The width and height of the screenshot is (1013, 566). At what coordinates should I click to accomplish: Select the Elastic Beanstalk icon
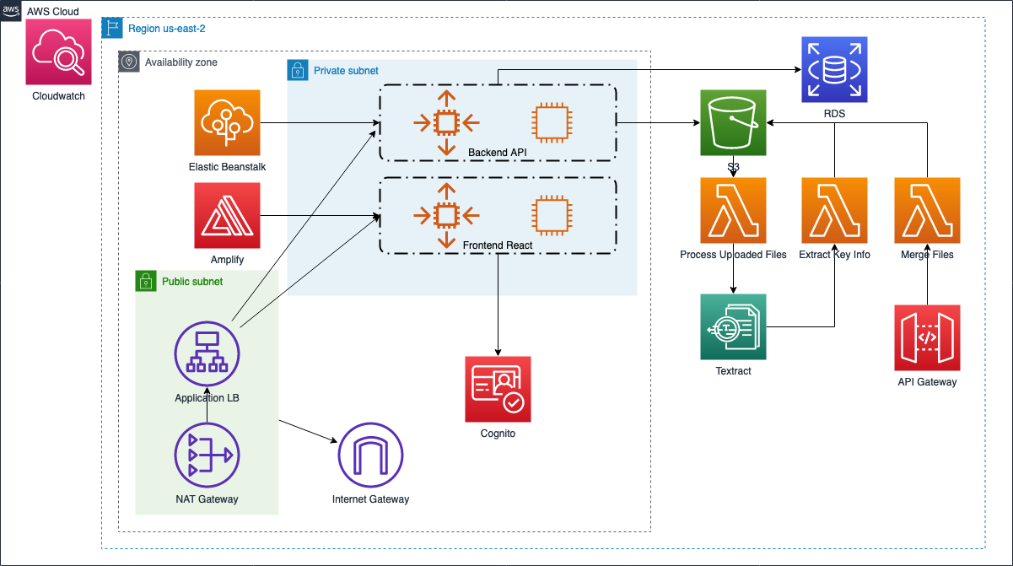tap(227, 123)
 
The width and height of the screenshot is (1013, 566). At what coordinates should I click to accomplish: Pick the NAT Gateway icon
tap(207, 455)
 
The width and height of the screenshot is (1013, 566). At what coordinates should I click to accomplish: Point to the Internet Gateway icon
tap(370, 455)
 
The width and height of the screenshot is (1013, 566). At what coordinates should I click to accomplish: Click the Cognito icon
tap(498, 389)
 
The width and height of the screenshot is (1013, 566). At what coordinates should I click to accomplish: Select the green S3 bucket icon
tap(733, 123)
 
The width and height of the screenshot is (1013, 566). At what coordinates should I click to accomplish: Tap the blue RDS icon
tap(834, 69)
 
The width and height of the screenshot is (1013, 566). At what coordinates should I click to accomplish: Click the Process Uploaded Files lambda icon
tap(733, 210)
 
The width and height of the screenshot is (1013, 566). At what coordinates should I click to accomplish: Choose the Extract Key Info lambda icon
tap(834, 210)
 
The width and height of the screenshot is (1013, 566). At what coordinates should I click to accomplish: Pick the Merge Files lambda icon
tap(927, 210)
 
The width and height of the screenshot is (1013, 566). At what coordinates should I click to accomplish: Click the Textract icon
tap(733, 326)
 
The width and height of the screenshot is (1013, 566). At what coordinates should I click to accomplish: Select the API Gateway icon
tap(927, 337)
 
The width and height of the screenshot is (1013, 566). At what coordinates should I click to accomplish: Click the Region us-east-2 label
tap(166, 29)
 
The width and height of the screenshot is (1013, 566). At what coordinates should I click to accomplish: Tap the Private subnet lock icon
tap(298, 70)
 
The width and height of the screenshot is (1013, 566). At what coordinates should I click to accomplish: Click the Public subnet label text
tap(191, 282)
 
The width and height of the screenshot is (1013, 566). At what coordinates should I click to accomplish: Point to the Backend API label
tap(498, 152)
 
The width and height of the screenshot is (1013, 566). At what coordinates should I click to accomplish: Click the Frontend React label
tap(498, 245)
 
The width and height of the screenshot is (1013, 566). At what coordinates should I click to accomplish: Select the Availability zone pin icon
tap(129, 62)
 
